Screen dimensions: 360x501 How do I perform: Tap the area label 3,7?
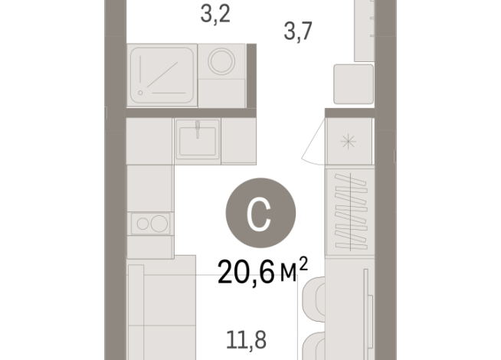[x=297, y=31]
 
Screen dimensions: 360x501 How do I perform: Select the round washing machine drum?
[x=224, y=63]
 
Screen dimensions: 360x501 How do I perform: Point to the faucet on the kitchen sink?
[x=197, y=127]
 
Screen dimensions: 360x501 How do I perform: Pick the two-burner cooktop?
[x=150, y=223]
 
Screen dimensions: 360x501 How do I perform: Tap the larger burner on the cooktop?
[x=159, y=223]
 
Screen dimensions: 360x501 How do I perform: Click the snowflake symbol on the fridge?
[x=349, y=141]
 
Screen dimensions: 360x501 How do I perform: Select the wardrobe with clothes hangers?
[x=349, y=213]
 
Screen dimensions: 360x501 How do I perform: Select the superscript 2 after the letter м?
[x=303, y=262]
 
